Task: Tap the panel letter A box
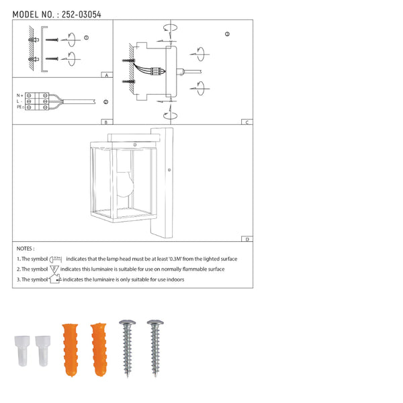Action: (106, 76)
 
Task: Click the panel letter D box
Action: (247, 239)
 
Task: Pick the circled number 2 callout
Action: (105, 101)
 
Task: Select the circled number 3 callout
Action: (227, 34)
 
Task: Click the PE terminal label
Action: (19, 107)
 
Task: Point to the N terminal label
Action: (19, 96)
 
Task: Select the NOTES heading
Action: (26, 249)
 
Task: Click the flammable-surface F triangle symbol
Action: (54, 269)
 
